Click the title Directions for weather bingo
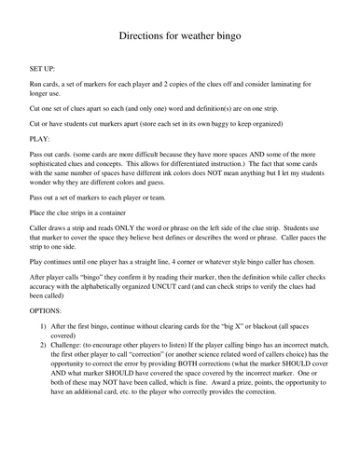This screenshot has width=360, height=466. (x=180, y=38)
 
